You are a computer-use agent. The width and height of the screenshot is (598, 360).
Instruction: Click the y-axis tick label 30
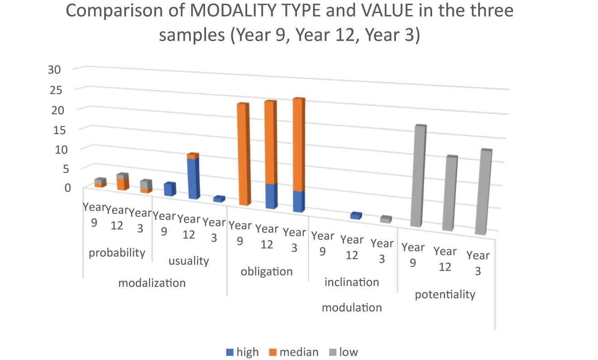(x=54, y=69)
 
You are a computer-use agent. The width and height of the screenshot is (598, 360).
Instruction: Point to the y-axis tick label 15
(x=54, y=129)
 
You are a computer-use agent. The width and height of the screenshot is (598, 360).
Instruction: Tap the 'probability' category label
(x=117, y=252)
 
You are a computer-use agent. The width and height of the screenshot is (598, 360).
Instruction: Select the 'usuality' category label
(x=188, y=261)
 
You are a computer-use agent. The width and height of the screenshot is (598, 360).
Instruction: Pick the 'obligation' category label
(x=267, y=271)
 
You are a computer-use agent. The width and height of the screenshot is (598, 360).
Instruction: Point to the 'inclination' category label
(x=352, y=282)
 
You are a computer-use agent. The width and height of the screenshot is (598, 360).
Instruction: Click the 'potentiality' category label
(x=445, y=295)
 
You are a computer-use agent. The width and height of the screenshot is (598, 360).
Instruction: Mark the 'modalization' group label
(x=152, y=283)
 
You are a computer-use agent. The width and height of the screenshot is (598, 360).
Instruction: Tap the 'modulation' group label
(x=352, y=308)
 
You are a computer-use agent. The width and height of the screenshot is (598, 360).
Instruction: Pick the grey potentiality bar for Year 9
(x=417, y=176)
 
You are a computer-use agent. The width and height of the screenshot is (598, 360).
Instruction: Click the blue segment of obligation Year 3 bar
(x=298, y=201)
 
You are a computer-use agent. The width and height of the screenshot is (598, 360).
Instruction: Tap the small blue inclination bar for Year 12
(x=356, y=216)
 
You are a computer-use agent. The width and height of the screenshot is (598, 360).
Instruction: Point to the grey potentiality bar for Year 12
(x=449, y=194)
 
